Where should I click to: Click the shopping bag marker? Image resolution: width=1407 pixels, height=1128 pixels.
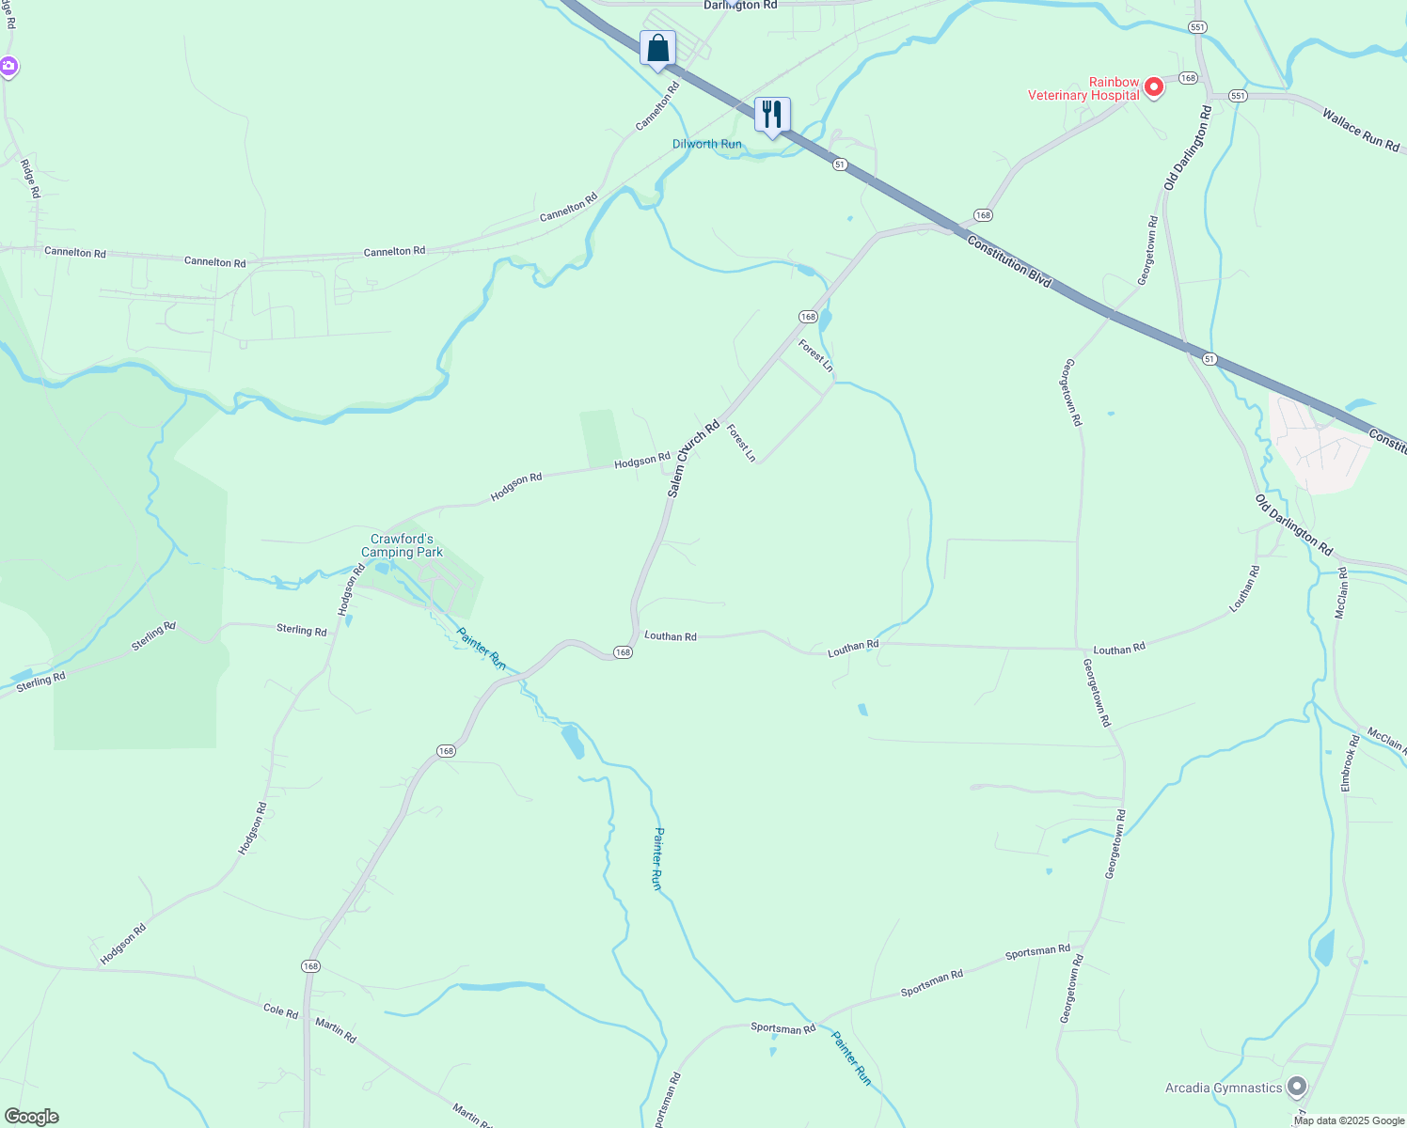pyautogui.click(x=657, y=48)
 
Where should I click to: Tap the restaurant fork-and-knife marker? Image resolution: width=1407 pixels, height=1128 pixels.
pyautogui.click(x=772, y=115)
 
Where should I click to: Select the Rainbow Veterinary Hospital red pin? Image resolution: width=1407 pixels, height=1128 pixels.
pyautogui.click(x=1153, y=88)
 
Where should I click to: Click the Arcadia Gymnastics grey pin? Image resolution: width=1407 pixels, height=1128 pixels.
pyautogui.click(x=1297, y=1088)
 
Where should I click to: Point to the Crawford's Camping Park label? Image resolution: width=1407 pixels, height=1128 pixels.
pyautogui.click(x=402, y=545)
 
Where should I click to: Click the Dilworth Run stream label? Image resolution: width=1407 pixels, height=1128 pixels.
pyautogui.click(x=706, y=144)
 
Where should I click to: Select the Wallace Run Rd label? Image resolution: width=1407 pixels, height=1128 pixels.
pyautogui.click(x=1360, y=130)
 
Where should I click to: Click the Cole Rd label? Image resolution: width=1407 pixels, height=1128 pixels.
pyautogui.click(x=280, y=1011)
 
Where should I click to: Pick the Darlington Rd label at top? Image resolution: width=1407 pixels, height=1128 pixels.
pyautogui.click(x=740, y=6)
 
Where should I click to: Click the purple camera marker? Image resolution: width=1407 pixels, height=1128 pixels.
pyautogui.click(x=8, y=66)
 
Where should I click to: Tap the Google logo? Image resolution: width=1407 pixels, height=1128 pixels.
pyautogui.click(x=31, y=1117)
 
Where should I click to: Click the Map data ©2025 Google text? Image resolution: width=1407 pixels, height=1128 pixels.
pyautogui.click(x=1349, y=1120)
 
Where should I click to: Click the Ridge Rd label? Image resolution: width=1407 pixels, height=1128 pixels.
pyautogui.click(x=31, y=179)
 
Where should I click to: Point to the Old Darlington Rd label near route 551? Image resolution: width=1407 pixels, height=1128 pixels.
pyautogui.click(x=1188, y=148)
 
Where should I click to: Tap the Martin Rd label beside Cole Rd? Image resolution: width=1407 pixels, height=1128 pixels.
pyautogui.click(x=336, y=1030)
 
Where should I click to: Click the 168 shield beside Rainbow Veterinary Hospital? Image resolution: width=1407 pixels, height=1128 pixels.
pyautogui.click(x=1188, y=78)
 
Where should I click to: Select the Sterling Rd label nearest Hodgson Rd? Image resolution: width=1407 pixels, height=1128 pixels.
pyautogui.click(x=301, y=630)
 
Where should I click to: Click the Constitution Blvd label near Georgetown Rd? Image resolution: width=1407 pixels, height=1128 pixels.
pyautogui.click(x=1009, y=261)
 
